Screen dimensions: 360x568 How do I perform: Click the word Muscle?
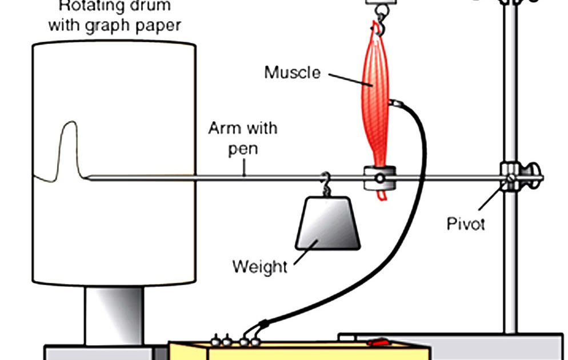coord(292,73)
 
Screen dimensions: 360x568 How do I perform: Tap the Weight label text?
coord(259,266)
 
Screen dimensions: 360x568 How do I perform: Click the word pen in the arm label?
coord(243,149)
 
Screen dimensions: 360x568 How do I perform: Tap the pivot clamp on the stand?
coord(510,177)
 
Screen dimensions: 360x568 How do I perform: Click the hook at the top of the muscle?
coord(378,26)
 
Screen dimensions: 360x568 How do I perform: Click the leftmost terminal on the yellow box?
coord(216,341)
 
